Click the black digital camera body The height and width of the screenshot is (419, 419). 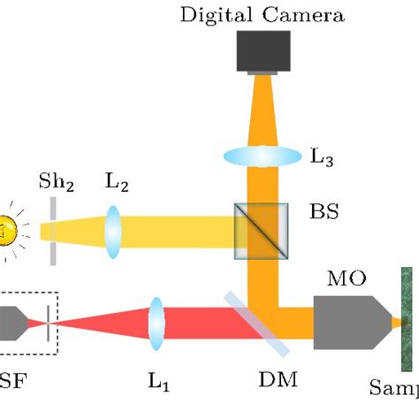click(263, 51)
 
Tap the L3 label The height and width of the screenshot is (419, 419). click(322, 156)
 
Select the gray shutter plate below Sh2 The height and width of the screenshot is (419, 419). click(55, 232)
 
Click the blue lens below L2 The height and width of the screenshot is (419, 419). click(113, 232)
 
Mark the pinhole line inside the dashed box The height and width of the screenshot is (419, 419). click(49, 324)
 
